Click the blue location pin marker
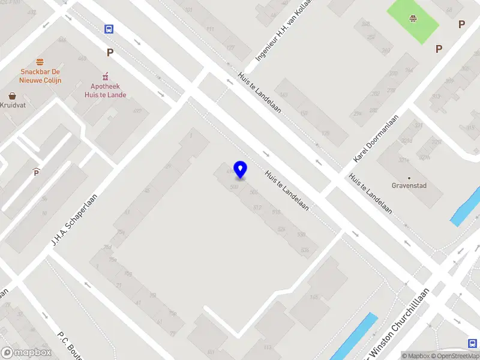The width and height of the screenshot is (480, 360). click(241, 169)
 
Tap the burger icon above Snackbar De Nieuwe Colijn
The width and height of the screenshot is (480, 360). click(40, 62)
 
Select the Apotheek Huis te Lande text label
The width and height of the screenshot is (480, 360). click(106, 91)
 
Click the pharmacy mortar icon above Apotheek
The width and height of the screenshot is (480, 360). click(106, 76)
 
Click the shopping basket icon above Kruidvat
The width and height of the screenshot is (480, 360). click(12, 95)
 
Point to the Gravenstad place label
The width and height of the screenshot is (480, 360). click(409, 185)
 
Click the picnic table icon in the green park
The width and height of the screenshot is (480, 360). click(412, 19)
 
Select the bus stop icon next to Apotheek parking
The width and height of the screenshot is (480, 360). click(109, 29)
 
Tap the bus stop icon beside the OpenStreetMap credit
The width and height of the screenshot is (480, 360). click(472, 343)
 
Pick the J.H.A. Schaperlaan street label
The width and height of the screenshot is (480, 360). click(74, 215)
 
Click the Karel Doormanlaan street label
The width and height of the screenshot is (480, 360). click(377, 139)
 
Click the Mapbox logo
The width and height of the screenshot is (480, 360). click(26, 353)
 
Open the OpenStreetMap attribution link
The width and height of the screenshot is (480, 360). click(457, 356)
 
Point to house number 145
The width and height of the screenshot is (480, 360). click(313, 297)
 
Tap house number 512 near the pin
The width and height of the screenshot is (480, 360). click(257, 208)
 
